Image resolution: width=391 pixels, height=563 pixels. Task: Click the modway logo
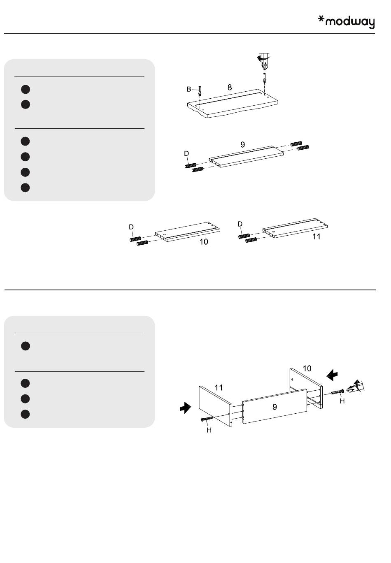tap(346, 22)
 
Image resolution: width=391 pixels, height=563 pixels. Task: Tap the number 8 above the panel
tap(230, 87)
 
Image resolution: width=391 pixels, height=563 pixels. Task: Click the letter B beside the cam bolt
tap(189, 89)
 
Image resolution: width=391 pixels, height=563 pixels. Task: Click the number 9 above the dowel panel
tap(242, 144)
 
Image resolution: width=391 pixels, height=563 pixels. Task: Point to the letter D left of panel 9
tap(186, 153)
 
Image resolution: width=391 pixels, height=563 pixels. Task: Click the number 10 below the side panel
tap(204, 242)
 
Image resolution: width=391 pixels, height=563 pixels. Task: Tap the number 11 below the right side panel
tap(316, 237)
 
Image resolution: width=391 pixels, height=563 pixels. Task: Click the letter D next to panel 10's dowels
tap(131, 227)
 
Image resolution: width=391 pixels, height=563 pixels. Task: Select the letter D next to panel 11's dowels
tap(240, 224)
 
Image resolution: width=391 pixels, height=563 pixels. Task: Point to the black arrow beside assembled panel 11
tap(186, 408)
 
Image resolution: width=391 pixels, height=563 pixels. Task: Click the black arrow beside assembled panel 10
tap(332, 375)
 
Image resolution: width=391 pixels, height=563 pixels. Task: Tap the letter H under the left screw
tap(209, 430)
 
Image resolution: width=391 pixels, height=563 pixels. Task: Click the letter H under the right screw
tap(342, 401)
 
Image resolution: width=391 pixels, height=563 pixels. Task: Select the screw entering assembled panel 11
tap(207, 419)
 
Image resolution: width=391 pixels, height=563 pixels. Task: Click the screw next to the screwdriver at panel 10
tap(337, 392)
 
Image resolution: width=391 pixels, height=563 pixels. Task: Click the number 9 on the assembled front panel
tap(275, 407)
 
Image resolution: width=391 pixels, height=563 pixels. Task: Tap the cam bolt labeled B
tap(200, 91)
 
